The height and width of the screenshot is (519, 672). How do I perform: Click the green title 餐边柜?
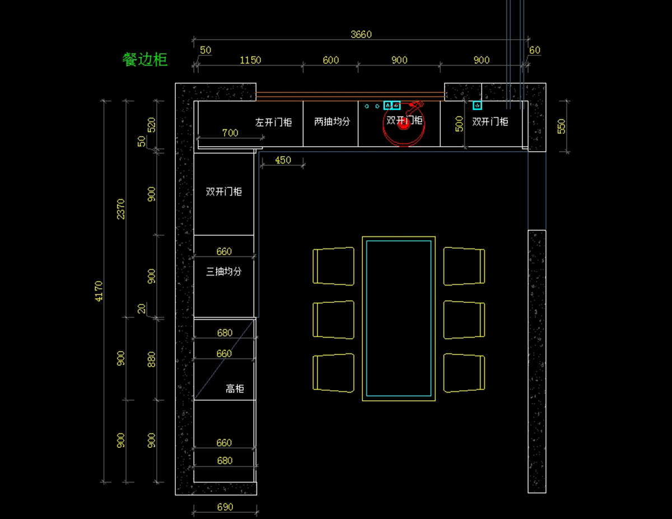[144, 59]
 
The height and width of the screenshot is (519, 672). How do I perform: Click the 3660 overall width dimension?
[361, 34]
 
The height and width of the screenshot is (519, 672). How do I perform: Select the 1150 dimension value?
[250, 60]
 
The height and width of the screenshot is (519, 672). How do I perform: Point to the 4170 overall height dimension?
[99, 291]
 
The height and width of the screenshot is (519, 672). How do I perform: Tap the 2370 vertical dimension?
[120, 209]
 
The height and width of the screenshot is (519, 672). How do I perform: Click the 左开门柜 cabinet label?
[273, 122]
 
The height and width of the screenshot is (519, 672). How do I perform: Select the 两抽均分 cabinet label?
[332, 121]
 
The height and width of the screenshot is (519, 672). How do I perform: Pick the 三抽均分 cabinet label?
[223, 272]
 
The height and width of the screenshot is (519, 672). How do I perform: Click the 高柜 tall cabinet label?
[235, 389]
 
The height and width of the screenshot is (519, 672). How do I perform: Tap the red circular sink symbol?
[404, 124]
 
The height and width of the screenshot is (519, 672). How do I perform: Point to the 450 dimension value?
[283, 160]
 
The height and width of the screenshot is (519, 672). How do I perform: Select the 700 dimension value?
[230, 133]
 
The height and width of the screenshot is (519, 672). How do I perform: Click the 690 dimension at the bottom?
[225, 507]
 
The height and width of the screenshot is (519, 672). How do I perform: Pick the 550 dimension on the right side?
[561, 126]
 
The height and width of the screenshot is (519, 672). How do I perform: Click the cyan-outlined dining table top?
[399, 318]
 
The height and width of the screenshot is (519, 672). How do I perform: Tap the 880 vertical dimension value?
[151, 359]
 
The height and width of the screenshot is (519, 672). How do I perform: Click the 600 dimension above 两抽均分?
[330, 60]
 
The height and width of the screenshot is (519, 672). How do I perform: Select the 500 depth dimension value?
[459, 124]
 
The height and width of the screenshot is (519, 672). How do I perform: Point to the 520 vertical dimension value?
[151, 125]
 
